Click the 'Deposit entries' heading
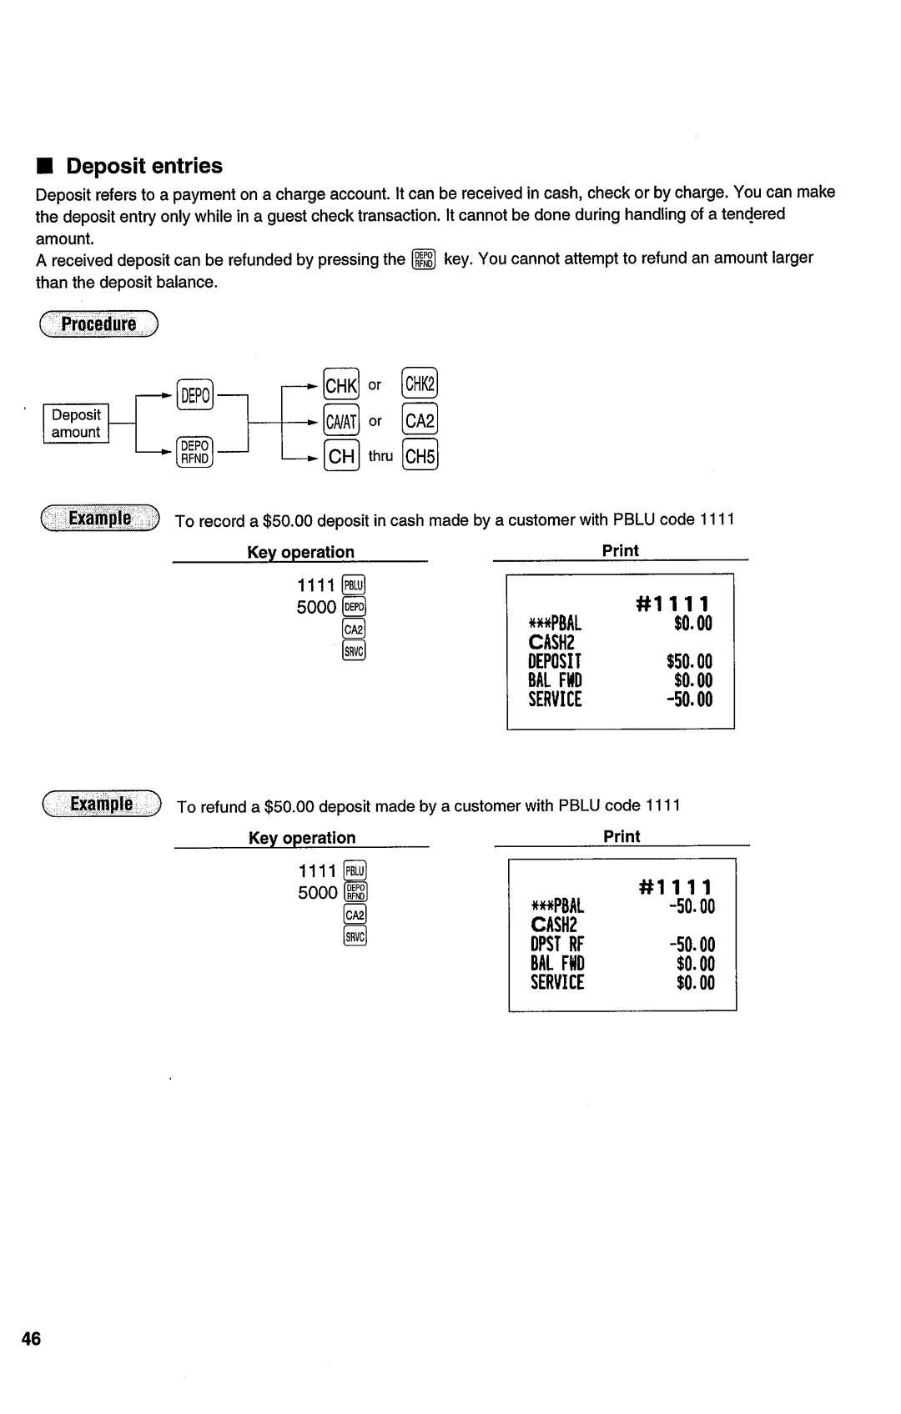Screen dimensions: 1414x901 pyautogui.click(x=144, y=166)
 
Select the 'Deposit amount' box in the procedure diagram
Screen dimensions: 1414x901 pyautogui.click(x=76, y=424)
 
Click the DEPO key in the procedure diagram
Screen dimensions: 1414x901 pyautogui.click(x=194, y=394)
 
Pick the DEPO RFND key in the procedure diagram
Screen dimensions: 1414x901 pyautogui.click(x=194, y=453)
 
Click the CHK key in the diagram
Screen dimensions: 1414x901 pyautogui.click(x=341, y=385)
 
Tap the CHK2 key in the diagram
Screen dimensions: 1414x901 pyautogui.click(x=420, y=384)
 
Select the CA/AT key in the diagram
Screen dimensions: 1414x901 pyautogui.click(x=341, y=421)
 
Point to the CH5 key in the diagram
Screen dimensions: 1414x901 pyautogui.click(x=420, y=456)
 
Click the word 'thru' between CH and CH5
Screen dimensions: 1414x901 pyautogui.click(x=380, y=456)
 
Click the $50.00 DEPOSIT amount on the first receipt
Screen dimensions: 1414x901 pyautogui.click(x=689, y=662)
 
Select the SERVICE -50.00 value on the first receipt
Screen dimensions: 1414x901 pyautogui.click(x=689, y=699)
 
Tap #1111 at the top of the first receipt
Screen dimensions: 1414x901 pyautogui.click(x=673, y=604)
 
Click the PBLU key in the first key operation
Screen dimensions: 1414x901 pyautogui.click(x=354, y=584)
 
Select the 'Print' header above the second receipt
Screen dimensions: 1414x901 pyautogui.click(x=622, y=836)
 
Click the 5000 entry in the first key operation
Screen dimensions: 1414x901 pyautogui.click(x=316, y=607)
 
